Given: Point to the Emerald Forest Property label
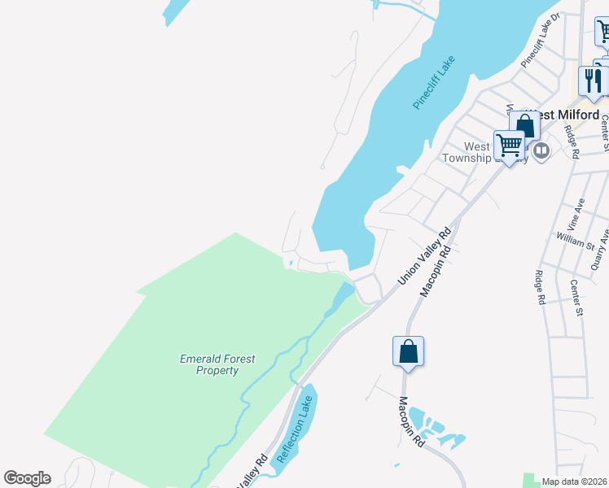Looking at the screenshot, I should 210,364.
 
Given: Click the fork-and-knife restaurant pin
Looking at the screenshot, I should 593,81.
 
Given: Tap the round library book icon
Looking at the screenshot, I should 541,150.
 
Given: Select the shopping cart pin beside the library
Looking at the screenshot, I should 510,146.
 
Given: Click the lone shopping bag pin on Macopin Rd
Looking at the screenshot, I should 409,351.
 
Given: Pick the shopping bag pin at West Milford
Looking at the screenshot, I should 525,125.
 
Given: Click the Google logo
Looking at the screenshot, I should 27,478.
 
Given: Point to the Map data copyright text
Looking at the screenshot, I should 575,481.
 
